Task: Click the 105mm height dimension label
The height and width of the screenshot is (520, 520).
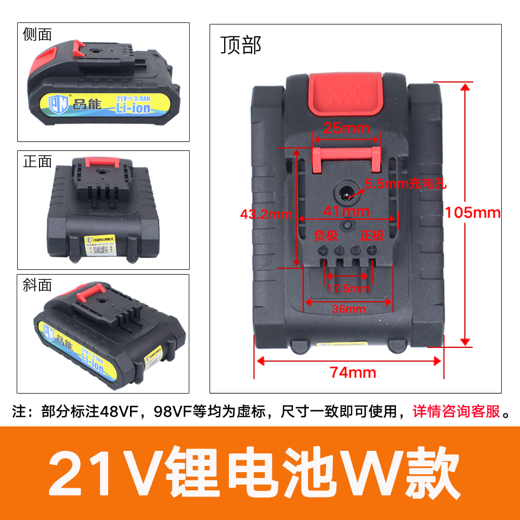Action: [472, 213]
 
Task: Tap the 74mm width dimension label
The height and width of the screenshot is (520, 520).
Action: [353, 372]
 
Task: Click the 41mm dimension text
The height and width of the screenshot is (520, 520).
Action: [346, 211]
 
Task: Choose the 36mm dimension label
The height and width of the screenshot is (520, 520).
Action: [349, 309]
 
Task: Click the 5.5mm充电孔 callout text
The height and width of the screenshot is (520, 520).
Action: [406, 183]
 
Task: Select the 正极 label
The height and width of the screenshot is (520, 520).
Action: [372, 236]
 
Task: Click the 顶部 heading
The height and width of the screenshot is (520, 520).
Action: [240, 46]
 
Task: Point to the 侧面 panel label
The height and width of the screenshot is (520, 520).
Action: [37, 34]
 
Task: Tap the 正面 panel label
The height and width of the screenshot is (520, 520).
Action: [37, 162]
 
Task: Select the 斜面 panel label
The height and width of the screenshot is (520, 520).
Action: [37, 285]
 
